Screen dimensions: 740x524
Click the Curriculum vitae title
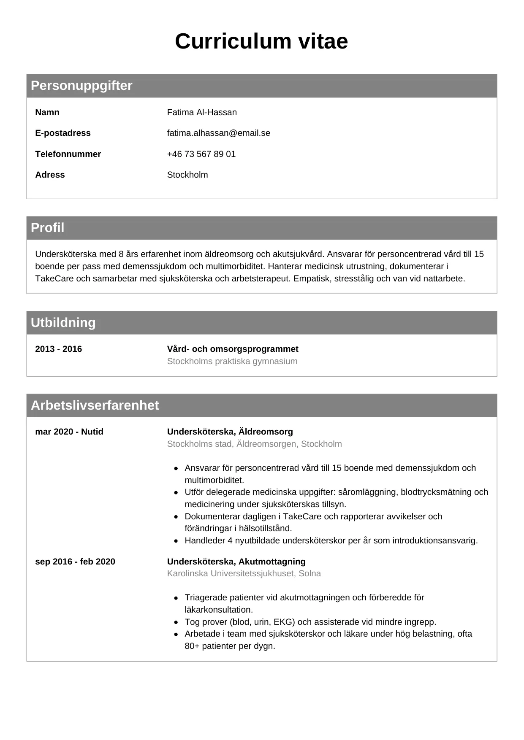pyautogui.click(x=261, y=41)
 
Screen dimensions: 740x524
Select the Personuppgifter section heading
pyautogui.click(x=81, y=86)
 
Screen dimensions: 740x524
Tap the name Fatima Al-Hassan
pyautogui.click(x=202, y=112)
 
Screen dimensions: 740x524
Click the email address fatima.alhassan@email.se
pyautogui.click(x=218, y=133)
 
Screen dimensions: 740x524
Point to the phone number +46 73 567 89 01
pyautogui.click(x=201, y=154)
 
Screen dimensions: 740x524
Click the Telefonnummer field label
pyautogui.click(x=68, y=154)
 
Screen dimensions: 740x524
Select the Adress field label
pyautogui.click(x=50, y=175)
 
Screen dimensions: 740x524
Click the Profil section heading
pyautogui.click(x=47, y=228)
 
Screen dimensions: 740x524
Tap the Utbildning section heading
pyautogui.click(x=63, y=323)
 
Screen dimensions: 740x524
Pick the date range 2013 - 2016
pyautogui.click(x=58, y=349)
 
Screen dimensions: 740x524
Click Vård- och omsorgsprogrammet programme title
pyautogui.click(x=233, y=349)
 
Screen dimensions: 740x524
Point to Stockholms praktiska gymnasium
pyautogui.click(x=232, y=361)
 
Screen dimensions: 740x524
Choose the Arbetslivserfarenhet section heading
pyautogui.click(x=95, y=405)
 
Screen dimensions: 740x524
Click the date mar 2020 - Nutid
pyautogui.click(x=69, y=432)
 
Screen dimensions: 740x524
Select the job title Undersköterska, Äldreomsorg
pyautogui.click(x=230, y=432)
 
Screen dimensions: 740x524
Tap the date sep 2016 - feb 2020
pyautogui.click(x=75, y=562)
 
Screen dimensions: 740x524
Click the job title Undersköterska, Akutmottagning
pyautogui.click(x=236, y=562)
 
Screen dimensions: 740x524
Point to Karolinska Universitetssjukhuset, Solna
pyautogui.click(x=244, y=573)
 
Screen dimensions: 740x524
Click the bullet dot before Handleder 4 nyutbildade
pyautogui.click(x=176, y=541)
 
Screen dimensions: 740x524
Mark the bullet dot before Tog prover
pyautogui.click(x=176, y=622)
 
